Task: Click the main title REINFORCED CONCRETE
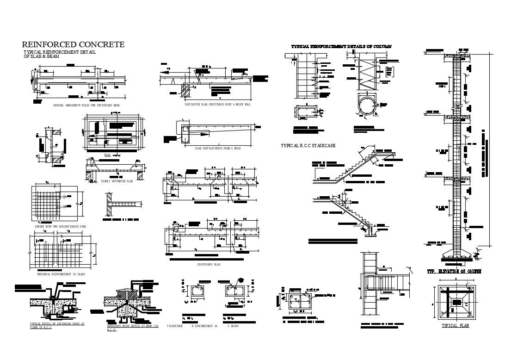(73, 44)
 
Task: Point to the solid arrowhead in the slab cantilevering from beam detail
(203, 133)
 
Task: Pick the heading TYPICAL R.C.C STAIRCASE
(308, 146)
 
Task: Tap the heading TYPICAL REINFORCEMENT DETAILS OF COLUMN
(341, 47)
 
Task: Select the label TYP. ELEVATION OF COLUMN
(454, 271)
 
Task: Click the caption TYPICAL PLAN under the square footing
(456, 326)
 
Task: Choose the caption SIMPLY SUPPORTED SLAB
(117, 181)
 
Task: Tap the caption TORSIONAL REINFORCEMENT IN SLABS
(61, 274)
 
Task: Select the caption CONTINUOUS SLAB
(209, 265)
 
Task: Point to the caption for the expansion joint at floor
(57, 326)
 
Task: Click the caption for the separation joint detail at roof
(133, 328)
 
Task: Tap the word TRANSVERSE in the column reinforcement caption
(175, 327)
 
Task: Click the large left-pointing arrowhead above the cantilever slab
(163, 72)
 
